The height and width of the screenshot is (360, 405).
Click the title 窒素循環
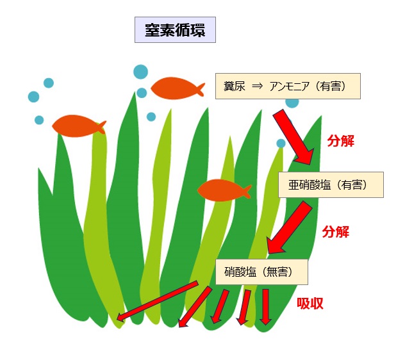coord(175,30)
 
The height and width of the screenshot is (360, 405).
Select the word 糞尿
coord(235,86)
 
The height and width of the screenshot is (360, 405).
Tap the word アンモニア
coord(289,86)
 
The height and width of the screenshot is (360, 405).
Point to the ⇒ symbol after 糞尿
coord(257,86)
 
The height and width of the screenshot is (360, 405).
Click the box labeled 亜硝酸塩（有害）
coord(331,184)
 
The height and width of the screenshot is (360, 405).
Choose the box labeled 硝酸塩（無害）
coord(261,272)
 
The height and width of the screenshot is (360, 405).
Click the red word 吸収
coord(310,304)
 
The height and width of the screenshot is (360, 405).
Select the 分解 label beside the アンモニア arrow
coord(341,141)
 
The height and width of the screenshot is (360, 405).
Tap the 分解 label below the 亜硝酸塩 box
coord(336,232)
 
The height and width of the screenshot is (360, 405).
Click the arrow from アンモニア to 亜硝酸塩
coord(294,137)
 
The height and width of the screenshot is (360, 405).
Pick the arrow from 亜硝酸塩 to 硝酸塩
coord(289,228)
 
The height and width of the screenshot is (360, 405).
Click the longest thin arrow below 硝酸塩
coord(157,301)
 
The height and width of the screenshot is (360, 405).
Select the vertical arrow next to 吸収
coord(265,307)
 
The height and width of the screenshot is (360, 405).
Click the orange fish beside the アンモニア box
coord(178,88)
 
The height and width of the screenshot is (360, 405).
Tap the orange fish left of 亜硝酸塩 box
coord(224,190)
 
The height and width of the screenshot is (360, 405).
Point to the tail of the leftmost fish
coord(101,127)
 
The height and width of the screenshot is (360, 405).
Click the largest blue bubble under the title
coord(141,72)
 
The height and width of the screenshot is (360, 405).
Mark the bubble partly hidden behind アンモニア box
coord(292,103)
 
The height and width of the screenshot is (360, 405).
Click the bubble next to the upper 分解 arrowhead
coord(281,143)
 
